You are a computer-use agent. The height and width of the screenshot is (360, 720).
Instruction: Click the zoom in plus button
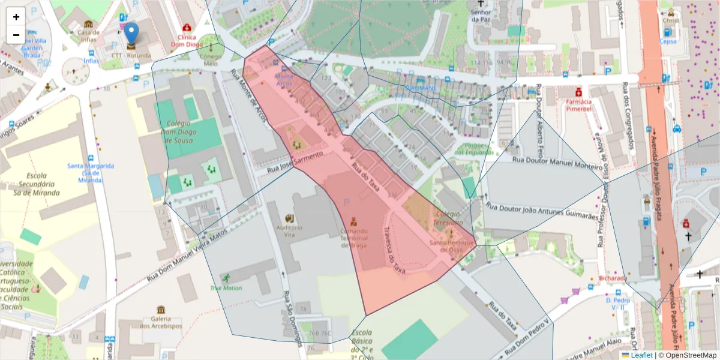pos(16,17)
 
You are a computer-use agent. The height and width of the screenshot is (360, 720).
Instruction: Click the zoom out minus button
pos(16,35)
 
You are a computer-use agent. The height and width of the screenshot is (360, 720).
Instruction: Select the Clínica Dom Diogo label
pos(187,40)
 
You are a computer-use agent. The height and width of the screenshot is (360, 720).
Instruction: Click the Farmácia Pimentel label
pos(578,105)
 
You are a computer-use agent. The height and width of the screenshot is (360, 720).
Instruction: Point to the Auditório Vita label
pos(289,232)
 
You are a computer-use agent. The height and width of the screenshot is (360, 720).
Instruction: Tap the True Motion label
pos(226,287)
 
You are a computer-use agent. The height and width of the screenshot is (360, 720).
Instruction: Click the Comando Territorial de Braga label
pos(353,238)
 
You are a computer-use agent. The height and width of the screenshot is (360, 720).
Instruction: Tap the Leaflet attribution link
pos(641,355)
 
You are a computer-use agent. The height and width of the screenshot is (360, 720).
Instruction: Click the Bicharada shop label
pos(613,278)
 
